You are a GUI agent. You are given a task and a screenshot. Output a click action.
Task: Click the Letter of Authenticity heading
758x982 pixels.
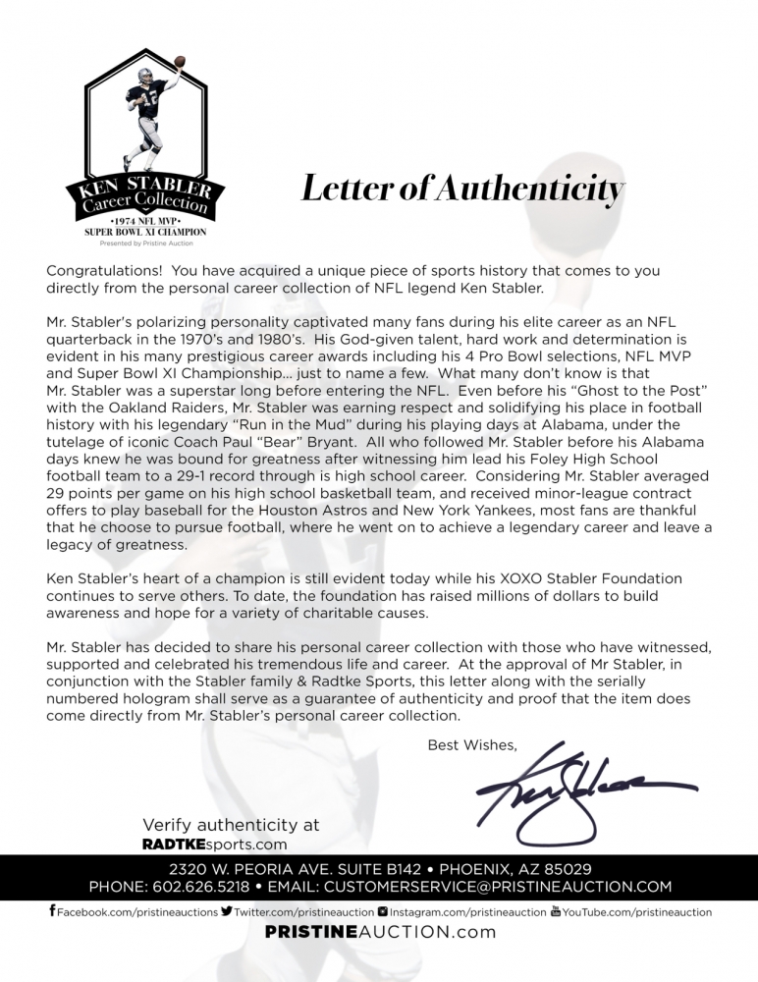pos(461,190)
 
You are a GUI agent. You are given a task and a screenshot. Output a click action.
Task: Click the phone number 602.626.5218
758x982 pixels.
pos(203,887)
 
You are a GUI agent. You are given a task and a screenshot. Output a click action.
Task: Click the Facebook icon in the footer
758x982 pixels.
pos(52,911)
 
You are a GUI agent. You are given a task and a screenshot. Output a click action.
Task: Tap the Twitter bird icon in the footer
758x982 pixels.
pos(227,911)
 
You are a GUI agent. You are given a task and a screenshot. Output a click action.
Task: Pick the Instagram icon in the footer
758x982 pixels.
pos(382,911)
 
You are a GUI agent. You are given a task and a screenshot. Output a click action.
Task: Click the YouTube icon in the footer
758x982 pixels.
pos(556,911)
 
